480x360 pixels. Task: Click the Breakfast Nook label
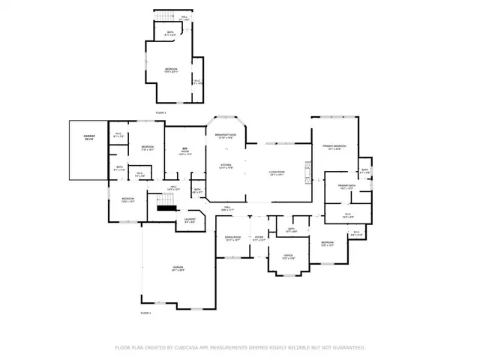tap(226, 136)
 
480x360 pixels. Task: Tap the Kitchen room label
tap(226, 166)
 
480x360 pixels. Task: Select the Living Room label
tap(277, 173)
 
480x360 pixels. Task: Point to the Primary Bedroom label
tap(334, 147)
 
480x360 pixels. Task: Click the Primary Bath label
tap(346, 187)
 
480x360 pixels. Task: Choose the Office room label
tap(287, 256)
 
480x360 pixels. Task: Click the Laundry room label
tap(190, 221)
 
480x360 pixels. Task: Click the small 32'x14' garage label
tap(88, 137)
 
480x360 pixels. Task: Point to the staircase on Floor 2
tap(160, 16)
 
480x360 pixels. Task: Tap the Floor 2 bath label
tap(170, 33)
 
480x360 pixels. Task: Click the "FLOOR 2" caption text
tap(160, 112)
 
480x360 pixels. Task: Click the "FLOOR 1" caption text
tap(145, 312)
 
